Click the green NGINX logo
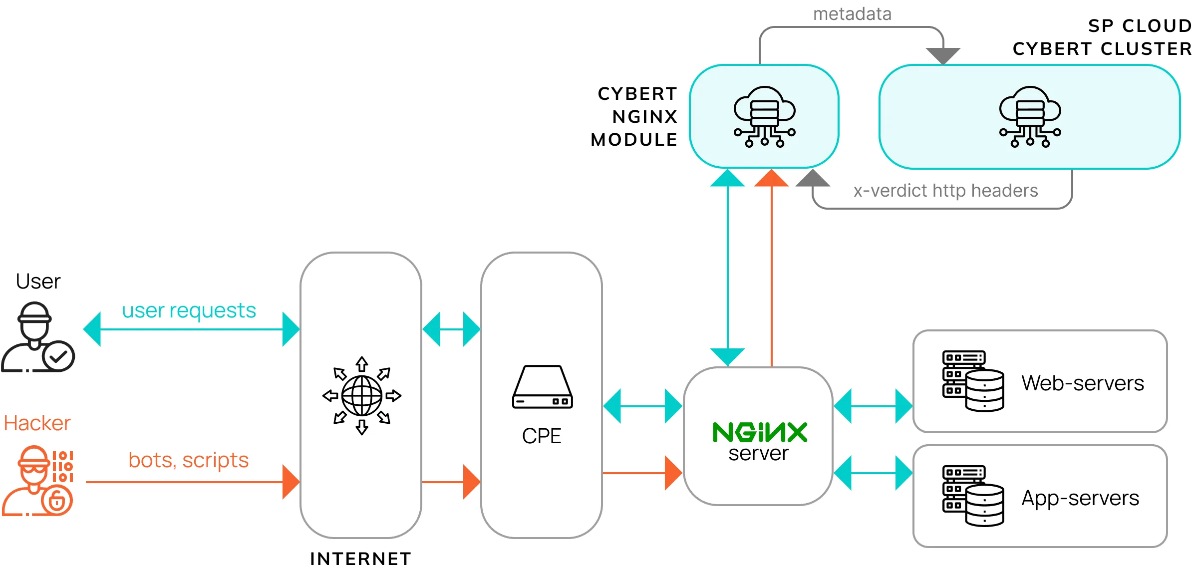[759, 432]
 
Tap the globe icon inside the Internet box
[362, 396]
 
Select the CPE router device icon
[542, 387]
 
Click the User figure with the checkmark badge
[38, 337]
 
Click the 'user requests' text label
[189, 310]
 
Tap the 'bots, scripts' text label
[188, 460]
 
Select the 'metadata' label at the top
[852, 14]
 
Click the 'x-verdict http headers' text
[945, 191]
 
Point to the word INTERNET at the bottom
[360, 559]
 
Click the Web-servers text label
[1082, 383]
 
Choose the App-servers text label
[1080, 498]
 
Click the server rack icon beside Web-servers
[973, 381]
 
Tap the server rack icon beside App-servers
[973, 496]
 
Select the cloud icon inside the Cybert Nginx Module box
[764, 117]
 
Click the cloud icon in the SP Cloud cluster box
[1030, 117]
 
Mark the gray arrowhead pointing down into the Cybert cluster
[943, 55]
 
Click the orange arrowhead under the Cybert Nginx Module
[771, 178]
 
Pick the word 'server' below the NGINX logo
[758, 454]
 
